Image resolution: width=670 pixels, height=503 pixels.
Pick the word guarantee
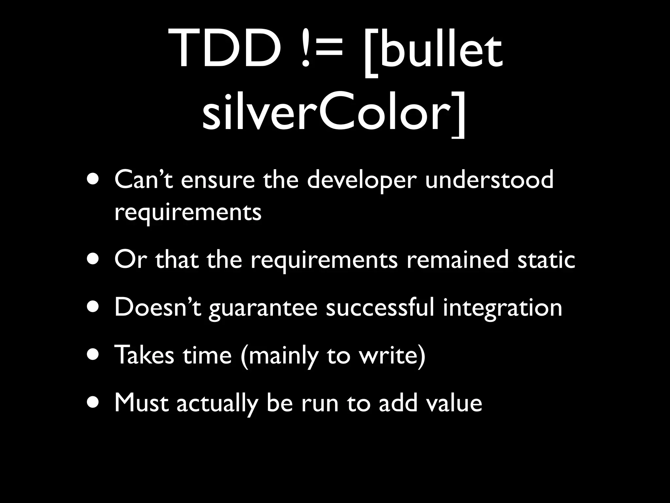(263, 309)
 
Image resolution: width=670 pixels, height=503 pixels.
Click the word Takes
(144, 355)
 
